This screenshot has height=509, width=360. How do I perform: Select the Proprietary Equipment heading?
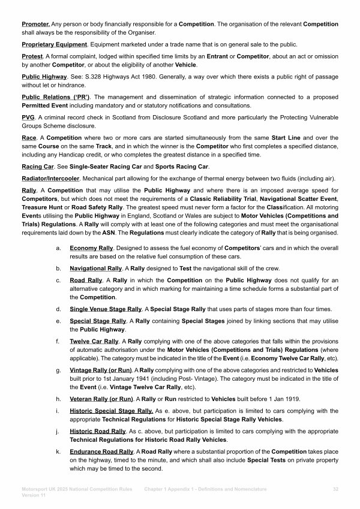point(54,44)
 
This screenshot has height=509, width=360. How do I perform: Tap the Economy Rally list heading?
point(92,248)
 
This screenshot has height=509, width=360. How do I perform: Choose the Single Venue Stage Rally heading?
point(106,309)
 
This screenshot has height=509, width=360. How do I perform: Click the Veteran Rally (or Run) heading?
point(101,398)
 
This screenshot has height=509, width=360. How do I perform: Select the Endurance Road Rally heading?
point(101,452)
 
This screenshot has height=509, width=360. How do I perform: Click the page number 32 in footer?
point(335,490)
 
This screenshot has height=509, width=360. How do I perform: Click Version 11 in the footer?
point(34,496)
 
